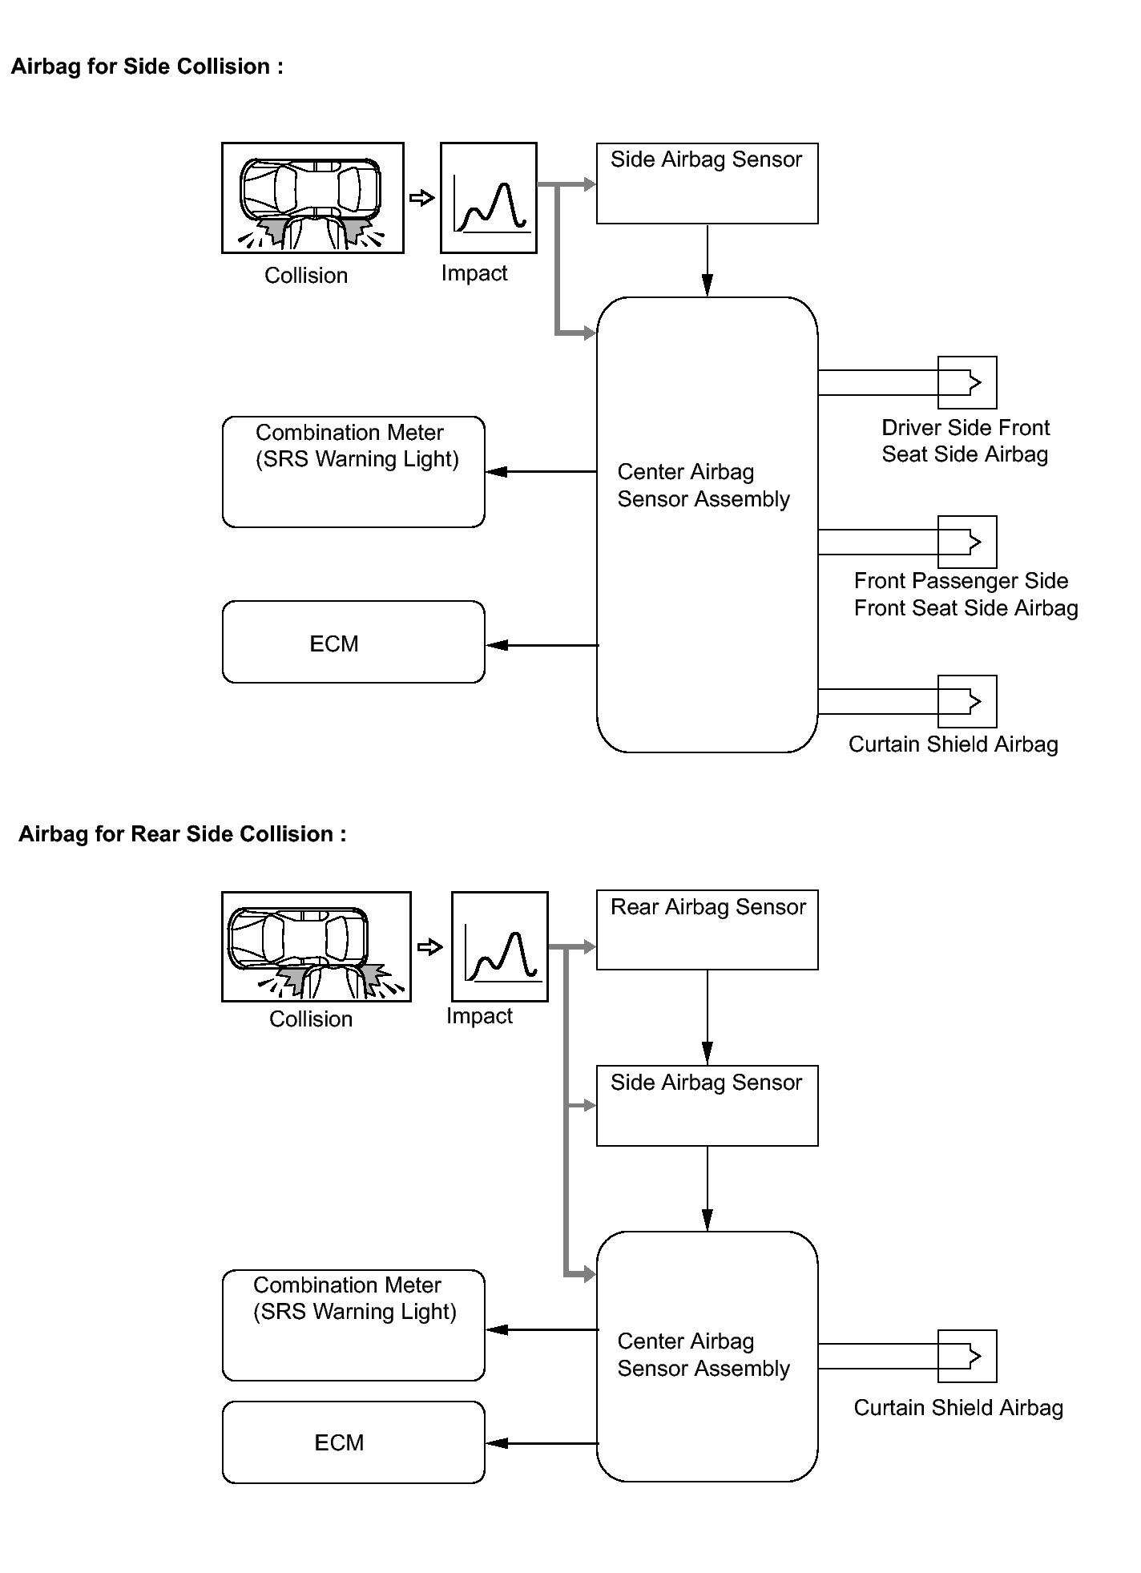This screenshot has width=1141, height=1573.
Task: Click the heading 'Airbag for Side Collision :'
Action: (147, 67)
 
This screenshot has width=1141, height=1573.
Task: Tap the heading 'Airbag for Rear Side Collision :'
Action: (182, 834)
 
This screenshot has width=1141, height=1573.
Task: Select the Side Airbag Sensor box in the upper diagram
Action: (707, 184)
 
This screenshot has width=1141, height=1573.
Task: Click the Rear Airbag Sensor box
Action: (707, 930)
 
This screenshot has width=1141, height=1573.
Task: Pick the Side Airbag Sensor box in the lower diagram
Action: (707, 1105)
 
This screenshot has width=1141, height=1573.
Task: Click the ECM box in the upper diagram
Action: (353, 642)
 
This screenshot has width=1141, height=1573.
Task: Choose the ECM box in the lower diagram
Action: (353, 1442)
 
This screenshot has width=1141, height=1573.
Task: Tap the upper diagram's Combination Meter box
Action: (353, 471)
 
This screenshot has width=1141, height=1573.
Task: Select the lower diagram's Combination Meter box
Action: (353, 1325)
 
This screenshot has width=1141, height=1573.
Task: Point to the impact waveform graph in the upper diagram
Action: (489, 198)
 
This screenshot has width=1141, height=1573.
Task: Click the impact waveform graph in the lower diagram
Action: (500, 946)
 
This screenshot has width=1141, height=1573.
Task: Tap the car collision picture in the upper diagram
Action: (312, 198)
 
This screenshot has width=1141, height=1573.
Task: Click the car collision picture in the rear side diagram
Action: (316, 946)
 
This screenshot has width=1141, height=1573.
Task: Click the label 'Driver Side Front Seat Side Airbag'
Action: (965, 441)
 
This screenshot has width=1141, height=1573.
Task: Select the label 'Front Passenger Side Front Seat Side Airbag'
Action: (966, 594)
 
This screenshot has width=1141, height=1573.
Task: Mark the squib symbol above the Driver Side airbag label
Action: (967, 382)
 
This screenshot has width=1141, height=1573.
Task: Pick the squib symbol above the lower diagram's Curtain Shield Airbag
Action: (967, 1356)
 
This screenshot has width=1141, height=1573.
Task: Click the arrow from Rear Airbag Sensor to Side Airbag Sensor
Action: (707, 1018)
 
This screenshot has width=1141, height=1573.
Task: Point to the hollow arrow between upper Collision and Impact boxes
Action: (421, 198)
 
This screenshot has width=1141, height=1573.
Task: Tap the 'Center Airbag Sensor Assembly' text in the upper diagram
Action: (703, 486)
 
